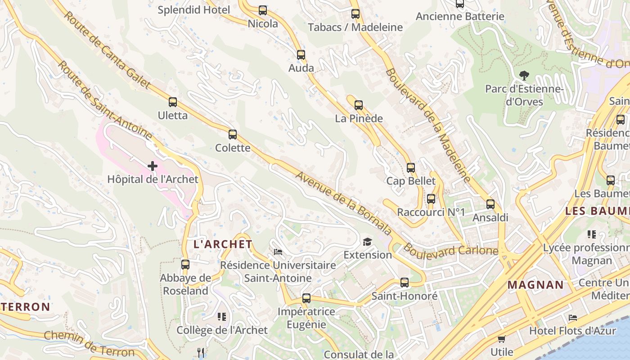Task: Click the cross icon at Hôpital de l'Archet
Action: pos(153,166)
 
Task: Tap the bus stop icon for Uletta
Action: pos(173,102)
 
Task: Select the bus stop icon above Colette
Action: pos(233,135)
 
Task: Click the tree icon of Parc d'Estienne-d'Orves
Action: pos(524,76)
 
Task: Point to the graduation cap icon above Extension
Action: pos(368,242)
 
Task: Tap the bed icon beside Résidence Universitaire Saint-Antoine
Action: pos(278,252)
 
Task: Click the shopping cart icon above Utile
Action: pos(502,339)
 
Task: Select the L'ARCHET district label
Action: pos(223,244)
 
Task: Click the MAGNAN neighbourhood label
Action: pos(535,285)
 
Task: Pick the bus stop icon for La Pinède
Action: pos(359,105)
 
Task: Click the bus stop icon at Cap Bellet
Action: pos(411,168)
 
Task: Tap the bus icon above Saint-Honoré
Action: pos(405,283)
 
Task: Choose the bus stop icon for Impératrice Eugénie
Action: pos(306,298)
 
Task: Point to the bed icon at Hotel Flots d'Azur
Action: pos(573,318)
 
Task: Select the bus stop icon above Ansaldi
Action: pos(490,204)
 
